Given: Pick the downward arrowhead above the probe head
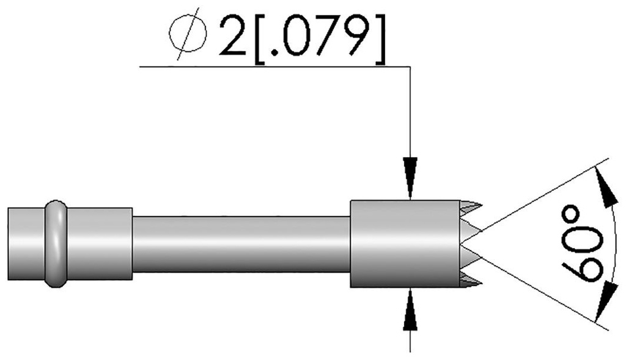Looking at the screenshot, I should [x=410, y=178].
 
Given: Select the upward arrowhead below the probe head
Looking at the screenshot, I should [x=410, y=309].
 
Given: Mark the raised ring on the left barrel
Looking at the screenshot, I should [x=55, y=243].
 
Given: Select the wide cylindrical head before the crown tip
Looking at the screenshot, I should [x=404, y=244].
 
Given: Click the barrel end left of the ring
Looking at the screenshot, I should [x=26, y=243].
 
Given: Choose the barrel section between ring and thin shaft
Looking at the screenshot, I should [x=98, y=243].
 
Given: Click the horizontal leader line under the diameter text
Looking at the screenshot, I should [x=275, y=65].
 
